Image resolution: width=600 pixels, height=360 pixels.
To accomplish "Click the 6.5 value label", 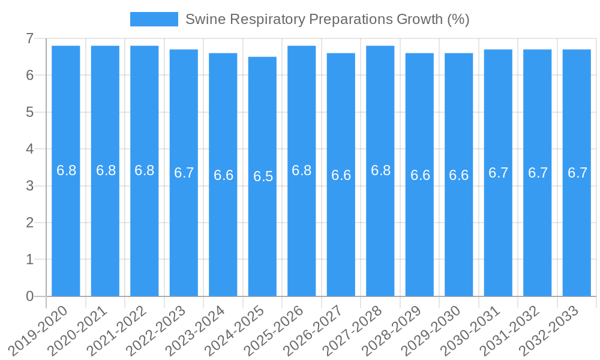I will (263, 176).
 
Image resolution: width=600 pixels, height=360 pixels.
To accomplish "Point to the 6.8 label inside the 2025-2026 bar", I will (302, 170).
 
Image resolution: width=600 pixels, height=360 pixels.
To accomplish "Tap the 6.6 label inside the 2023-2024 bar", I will (223, 175).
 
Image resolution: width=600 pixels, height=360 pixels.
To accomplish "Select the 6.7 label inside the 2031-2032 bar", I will (538, 173).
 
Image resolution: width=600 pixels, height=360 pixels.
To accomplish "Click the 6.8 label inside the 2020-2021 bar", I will (106, 170).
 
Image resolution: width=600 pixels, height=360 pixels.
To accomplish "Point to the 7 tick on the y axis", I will (29, 38).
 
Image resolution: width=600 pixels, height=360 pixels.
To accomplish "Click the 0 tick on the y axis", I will (29, 296).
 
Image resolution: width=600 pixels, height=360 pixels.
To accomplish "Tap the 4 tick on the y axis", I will (29, 149).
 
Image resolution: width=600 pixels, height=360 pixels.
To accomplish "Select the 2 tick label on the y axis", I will (29, 223).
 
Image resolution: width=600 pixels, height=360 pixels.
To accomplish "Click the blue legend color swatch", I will (154, 19).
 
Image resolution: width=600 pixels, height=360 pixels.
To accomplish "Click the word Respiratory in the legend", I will (268, 19).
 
